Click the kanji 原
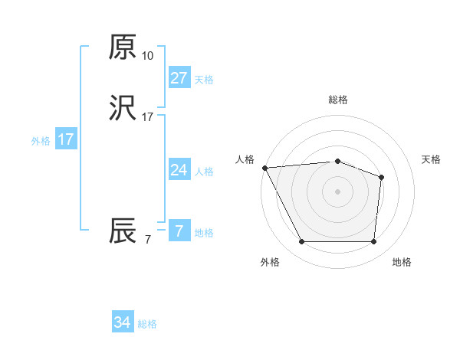(123, 48)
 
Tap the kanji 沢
(123, 110)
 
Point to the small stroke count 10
(147, 56)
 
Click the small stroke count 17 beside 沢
(147, 117)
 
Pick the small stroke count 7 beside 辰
(147, 240)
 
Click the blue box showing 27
(179, 78)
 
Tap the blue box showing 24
(179, 170)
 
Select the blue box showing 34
(122, 323)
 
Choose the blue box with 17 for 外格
(66, 139)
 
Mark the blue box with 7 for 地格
(179, 231)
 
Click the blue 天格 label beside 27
(203, 80)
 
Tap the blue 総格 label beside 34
(147, 325)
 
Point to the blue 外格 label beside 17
(41, 141)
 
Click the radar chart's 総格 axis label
(337, 100)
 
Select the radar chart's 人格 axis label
(245, 159)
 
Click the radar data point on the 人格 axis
(264, 168)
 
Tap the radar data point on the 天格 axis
(381, 178)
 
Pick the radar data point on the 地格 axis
(373, 242)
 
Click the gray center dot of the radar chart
(337, 191)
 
